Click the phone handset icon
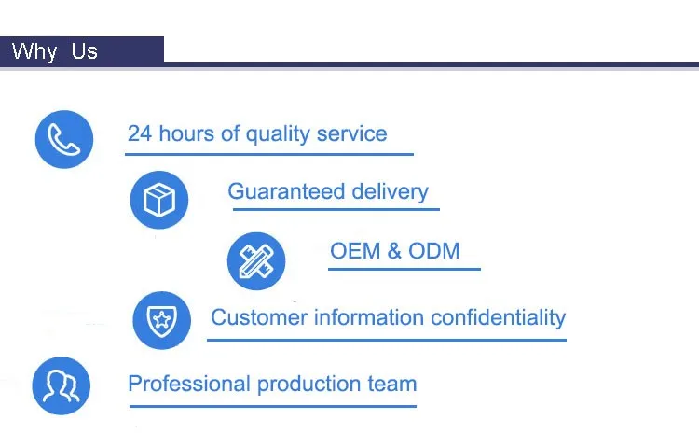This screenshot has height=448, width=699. click(x=64, y=139)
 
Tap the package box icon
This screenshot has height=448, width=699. click(x=159, y=200)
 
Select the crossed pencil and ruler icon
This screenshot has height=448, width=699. click(x=256, y=261)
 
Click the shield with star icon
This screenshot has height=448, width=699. click(x=162, y=320)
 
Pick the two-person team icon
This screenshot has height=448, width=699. click(x=62, y=385)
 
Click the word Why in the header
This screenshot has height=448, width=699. click(x=34, y=51)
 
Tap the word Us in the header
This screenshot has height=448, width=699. click(x=84, y=51)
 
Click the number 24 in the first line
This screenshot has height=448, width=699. click(x=140, y=133)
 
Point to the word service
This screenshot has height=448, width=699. click(x=351, y=133)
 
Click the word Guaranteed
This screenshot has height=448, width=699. click(x=286, y=191)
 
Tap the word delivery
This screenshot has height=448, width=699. click(x=391, y=192)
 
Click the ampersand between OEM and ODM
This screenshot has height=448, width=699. click(x=394, y=251)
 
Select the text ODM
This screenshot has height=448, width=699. click(x=433, y=251)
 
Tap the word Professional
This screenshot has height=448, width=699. click(x=189, y=384)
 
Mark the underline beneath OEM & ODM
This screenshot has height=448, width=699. click(x=404, y=269)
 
